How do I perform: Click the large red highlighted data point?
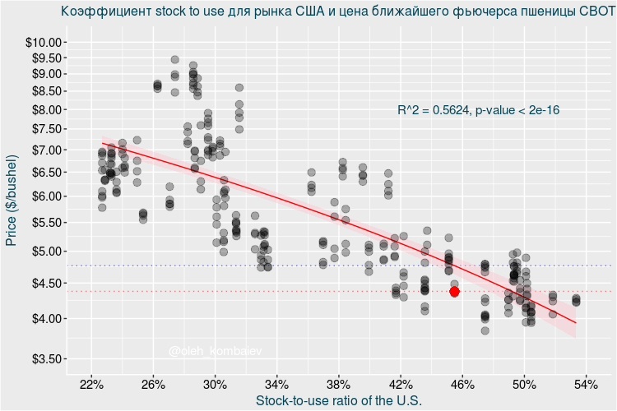(x=454, y=292)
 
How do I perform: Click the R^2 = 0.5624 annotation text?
(x=433, y=109)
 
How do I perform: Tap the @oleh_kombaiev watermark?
(x=215, y=351)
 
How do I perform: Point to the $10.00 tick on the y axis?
(x=41, y=43)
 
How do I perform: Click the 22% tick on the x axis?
(x=91, y=385)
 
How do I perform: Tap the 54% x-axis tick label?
(x=586, y=385)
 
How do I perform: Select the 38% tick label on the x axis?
(x=339, y=385)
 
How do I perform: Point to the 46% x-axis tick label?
(x=462, y=385)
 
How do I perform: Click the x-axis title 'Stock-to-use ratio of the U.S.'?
(x=339, y=401)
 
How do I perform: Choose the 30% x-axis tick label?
(x=215, y=385)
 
